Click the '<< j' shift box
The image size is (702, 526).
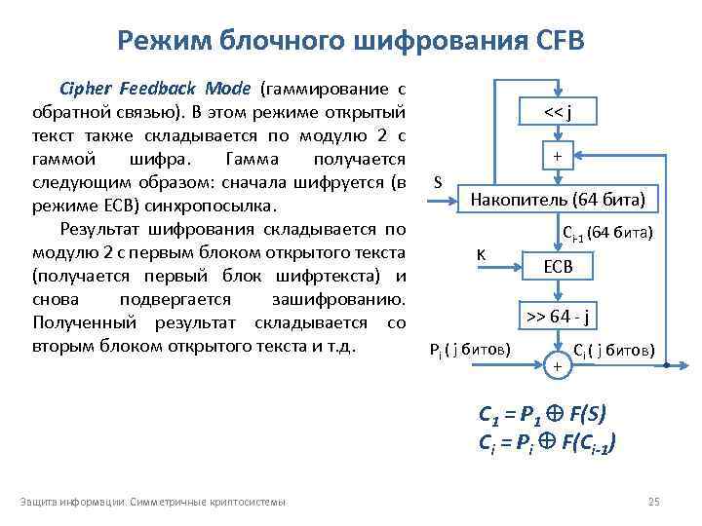tap(557, 114)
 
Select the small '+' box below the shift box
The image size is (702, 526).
tap(557, 156)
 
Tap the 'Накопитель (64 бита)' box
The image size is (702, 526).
tap(557, 201)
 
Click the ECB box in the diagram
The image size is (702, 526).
tap(557, 265)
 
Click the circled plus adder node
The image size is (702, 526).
tap(557, 365)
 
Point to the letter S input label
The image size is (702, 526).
tap(438, 182)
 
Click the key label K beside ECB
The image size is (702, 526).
tap(482, 255)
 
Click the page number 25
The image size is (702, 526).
tap(654, 502)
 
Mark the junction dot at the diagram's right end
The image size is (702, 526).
tap(665, 365)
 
